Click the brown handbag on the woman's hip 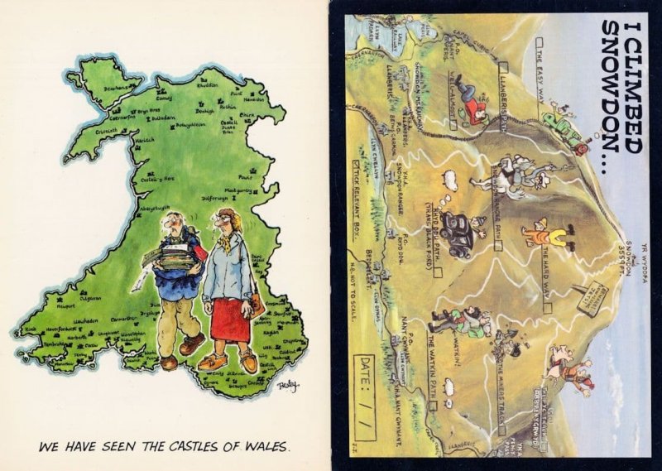click(x=257, y=305)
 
